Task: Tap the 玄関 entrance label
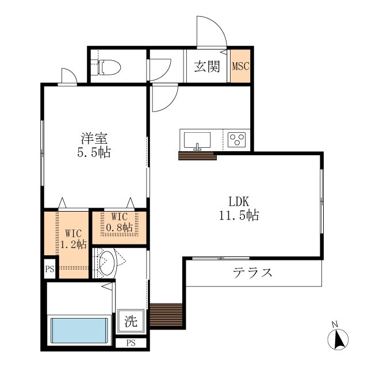point(207,67)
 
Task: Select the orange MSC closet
point(240,66)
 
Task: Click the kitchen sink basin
point(197,140)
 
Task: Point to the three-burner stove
point(236,140)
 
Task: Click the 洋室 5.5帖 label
point(94,145)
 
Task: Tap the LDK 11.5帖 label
point(239,208)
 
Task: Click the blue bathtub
point(79,331)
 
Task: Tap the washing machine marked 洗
point(131,321)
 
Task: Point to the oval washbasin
point(108,263)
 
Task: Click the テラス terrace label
point(252,273)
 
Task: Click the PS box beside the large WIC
point(50,269)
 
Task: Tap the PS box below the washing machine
point(131,343)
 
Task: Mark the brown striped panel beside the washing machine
point(166,315)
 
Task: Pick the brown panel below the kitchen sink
point(197,156)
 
